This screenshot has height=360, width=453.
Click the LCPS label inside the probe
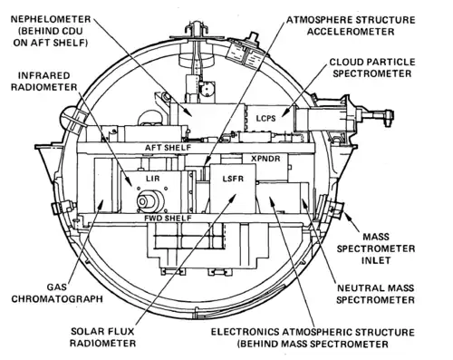click(266, 118)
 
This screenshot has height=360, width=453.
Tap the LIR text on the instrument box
click(152, 179)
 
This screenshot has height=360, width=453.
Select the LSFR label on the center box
click(233, 179)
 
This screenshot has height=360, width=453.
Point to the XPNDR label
click(265, 158)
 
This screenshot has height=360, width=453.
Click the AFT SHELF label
click(168, 148)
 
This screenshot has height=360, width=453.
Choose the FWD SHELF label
click(168, 218)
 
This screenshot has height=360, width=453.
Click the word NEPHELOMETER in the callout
click(51, 19)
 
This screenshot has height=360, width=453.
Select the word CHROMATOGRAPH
click(57, 299)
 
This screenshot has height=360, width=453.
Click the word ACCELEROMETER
click(351, 32)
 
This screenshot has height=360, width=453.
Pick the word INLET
click(376, 260)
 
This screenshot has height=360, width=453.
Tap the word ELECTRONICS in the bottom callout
click(245, 332)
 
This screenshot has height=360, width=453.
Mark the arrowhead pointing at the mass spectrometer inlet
click(347, 216)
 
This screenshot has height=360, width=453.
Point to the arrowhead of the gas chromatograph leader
click(101, 202)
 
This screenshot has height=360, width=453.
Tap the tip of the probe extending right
click(392, 116)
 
